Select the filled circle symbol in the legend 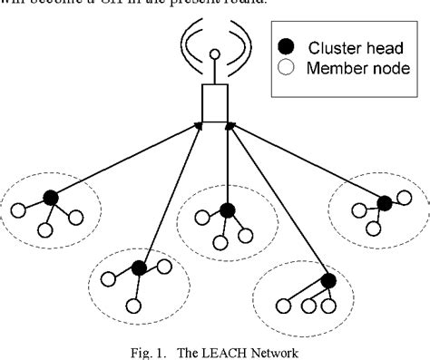288,44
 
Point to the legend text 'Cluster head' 348,44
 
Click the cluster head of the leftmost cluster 51,197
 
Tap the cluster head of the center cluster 227,210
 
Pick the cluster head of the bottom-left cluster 138,267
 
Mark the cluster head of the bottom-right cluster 328,280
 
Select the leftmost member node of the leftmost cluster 18,214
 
